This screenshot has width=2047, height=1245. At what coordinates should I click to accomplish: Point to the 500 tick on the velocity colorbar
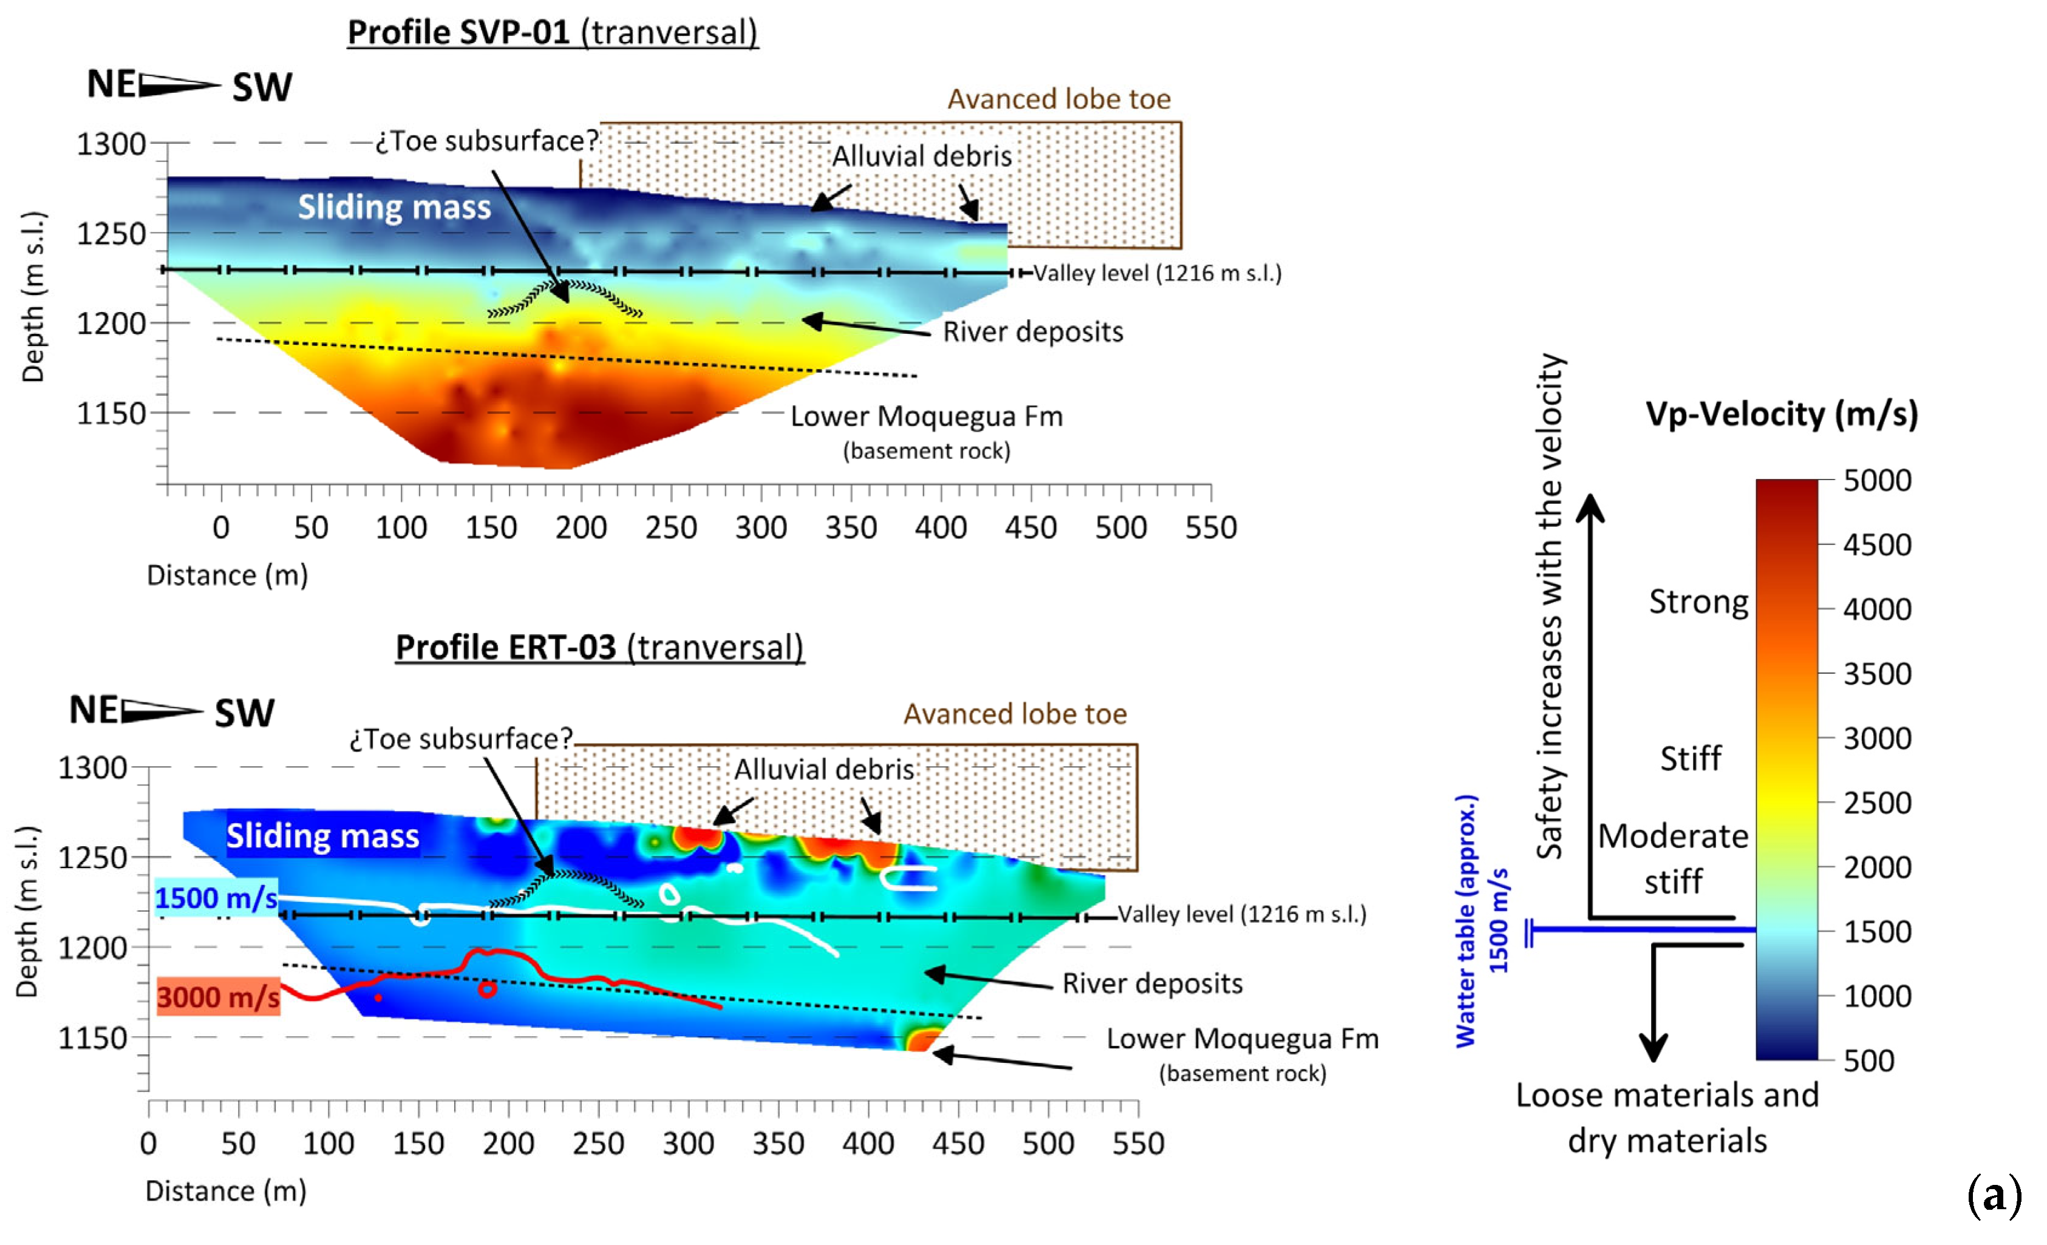click(x=1868, y=1060)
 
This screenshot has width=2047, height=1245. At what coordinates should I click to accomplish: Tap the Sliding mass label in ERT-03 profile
click(x=322, y=835)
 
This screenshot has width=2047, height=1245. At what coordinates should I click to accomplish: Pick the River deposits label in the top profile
click(x=1033, y=331)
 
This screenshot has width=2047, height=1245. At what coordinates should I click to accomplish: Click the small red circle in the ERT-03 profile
click(x=487, y=988)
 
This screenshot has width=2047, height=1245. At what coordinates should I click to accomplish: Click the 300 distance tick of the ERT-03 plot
click(x=688, y=1144)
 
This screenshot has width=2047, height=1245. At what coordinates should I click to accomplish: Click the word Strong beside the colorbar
click(x=1698, y=602)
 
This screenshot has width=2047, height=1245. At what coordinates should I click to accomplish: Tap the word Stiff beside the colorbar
click(x=1691, y=758)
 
